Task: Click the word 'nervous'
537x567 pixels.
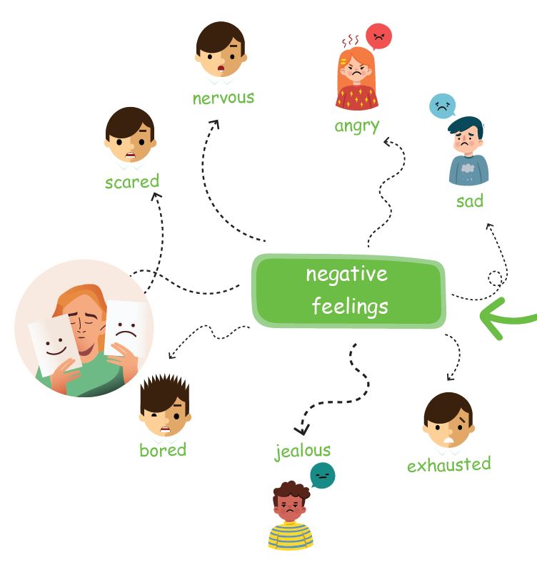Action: [x=224, y=98]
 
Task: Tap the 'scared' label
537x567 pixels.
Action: [x=132, y=182]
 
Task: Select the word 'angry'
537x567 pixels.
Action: [x=357, y=126]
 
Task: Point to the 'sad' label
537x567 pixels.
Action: [x=470, y=201]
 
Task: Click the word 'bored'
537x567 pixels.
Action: [x=163, y=450]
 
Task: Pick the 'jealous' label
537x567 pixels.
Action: [x=302, y=451]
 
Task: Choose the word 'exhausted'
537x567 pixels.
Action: [x=449, y=464]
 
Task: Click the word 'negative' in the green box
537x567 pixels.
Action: [x=347, y=275]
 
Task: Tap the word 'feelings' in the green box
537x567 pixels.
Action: [x=350, y=306]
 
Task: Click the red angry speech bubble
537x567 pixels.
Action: [x=378, y=36]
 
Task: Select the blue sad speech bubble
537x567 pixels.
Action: [x=442, y=106]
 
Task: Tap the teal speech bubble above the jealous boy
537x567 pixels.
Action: [x=322, y=475]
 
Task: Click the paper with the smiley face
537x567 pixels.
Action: [x=55, y=345]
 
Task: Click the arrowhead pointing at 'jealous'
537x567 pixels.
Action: [x=301, y=429]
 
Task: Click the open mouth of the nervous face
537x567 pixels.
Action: [x=221, y=68]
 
